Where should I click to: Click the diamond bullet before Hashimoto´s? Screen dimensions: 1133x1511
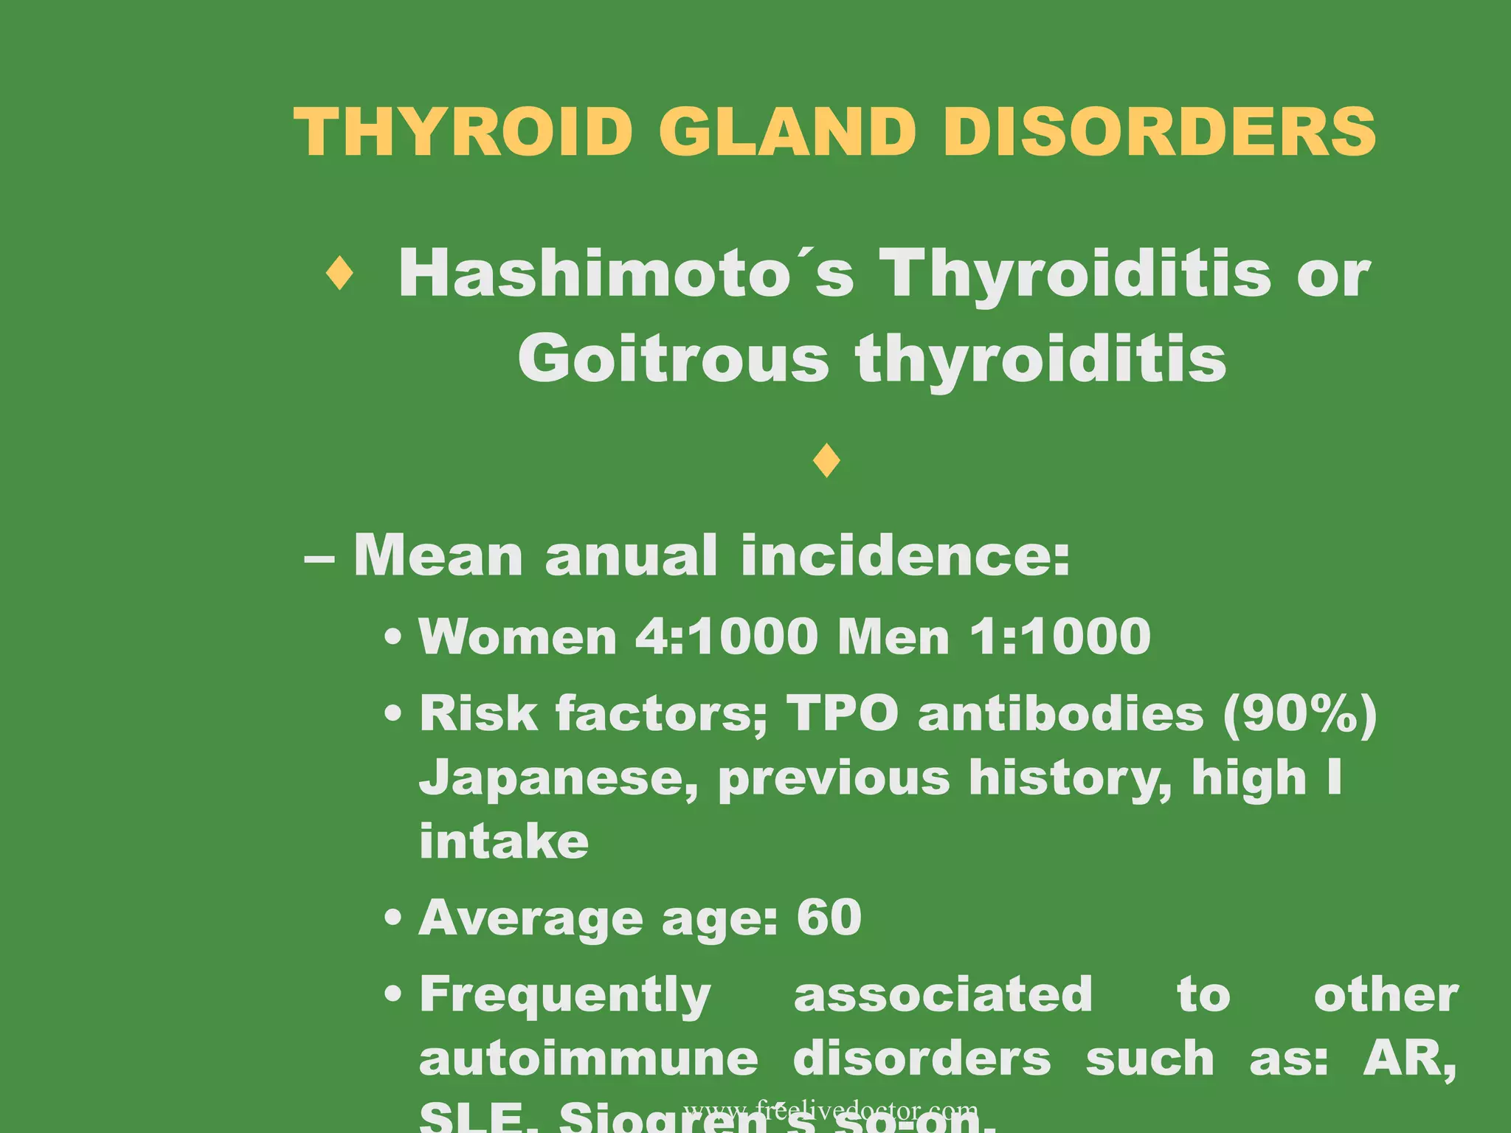pyautogui.click(x=339, y=274)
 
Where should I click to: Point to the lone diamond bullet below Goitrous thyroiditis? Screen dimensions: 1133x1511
pyautogui.click(x=826, y=461)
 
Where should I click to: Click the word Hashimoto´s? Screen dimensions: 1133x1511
pyautogui.click(x=626, y=274)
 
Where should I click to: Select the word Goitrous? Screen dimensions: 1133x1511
pyautogui.click(x=674, y=359)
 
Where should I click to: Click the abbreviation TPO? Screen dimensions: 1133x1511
pyautogui.click(x=843, y=713)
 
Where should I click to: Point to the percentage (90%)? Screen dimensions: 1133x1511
pyautogui.click(x=1300, y=713)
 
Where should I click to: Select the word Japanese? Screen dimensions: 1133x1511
pyautogui.click(x=559, y=779)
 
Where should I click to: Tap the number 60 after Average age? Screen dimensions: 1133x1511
pyautogui.click(x=829, y=918)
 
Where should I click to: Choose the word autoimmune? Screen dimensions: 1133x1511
pyautogui.click(x=589, y=1059)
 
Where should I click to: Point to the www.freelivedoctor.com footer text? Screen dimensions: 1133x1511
pyautogui.click(x=831, y=1110)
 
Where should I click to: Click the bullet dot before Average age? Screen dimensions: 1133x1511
pyautogui.click(x=394, y=919)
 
